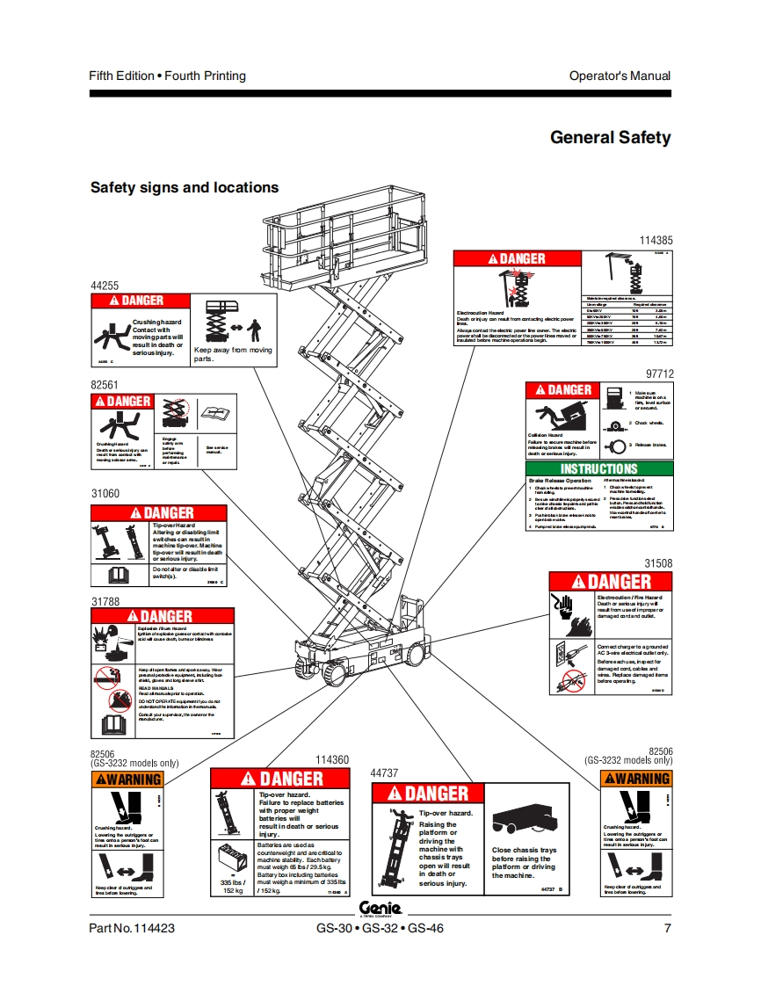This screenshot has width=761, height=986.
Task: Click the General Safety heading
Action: (x=610, y=137)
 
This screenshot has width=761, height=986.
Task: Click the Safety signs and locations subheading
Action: (x=185, y=187)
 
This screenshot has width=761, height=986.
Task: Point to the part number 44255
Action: (x=104, y=286)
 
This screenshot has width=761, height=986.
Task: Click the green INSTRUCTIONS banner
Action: (x=599, y=468)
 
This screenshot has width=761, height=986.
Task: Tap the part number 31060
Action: (x=105, y=494)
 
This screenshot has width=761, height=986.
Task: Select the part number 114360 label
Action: (x=331, y=760)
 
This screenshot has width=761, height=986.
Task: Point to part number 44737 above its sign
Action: (x=384, y=773)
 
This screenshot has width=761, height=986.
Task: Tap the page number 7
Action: (x=667, y=928)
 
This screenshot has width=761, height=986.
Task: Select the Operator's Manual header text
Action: (x=620, y=76)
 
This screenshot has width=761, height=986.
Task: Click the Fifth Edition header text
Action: (x=167, y=76)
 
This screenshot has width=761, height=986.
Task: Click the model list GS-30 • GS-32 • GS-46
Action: (x=380, y=928)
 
